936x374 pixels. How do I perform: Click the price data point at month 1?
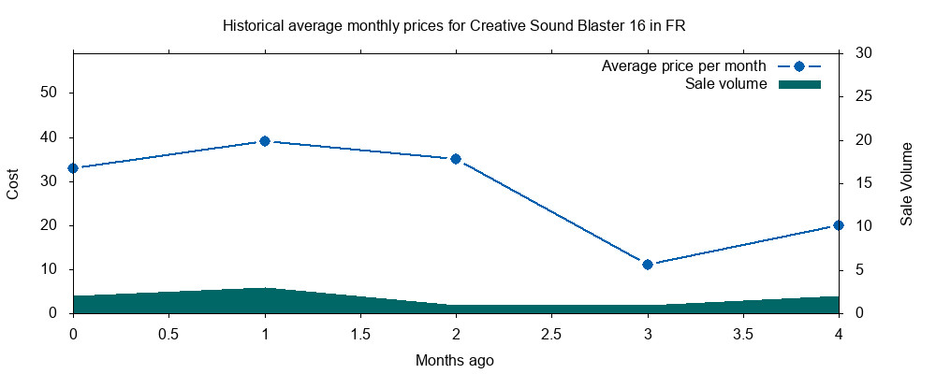pyautogui.click(x=265, y=141)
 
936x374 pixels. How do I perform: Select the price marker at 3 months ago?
pyautogui.click(x=648, y=265)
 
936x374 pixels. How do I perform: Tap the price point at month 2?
pyautogui.click(x=456, y=159)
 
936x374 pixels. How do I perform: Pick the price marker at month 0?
pyautogui.click(x=73, y=168)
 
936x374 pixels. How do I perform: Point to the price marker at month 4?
pyautogui.click(x=839, y=225)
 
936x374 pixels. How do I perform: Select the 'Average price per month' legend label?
pyautogui.click(x=683, y=66)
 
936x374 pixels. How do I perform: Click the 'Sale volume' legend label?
pyautogui.click(x=725, y=84)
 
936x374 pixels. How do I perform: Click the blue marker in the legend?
pyautogui.click(x=799, y=66)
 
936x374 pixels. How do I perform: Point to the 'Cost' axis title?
pyautogui.click(x=13, y=183)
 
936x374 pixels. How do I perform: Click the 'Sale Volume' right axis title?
pyautogui.click(x=906, y=183)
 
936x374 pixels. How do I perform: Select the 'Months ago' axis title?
pyautogui.click(x=454, y=360)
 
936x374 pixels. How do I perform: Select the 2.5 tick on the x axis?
pyautogui.click(x=551, y=334)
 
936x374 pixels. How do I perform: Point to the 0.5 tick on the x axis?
pyautogui.click(x=168, y=334)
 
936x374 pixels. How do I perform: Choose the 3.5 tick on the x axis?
pyautogui.click(x=743, y=334)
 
